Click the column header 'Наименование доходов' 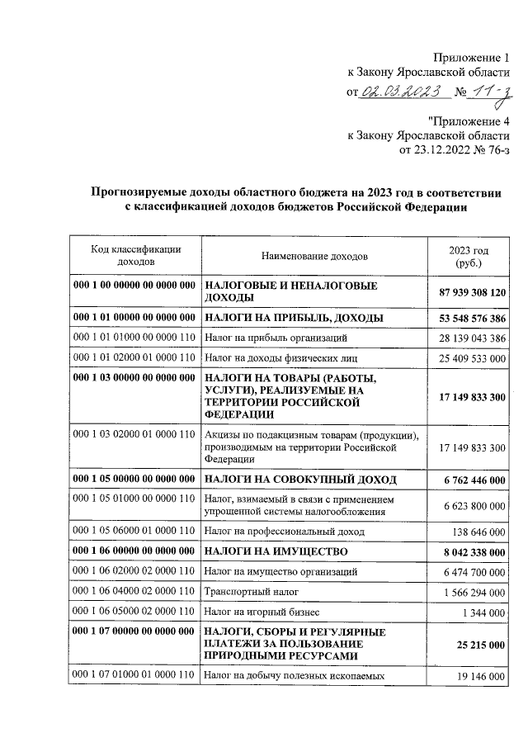pyautogui.click(x=314, y=257)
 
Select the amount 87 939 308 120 pyautogui.click(x=468, y=292)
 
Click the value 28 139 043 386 pyautogui.click(x=468, y=338)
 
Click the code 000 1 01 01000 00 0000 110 pyautogui.click(x=133, y=338)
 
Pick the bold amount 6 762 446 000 pyautogui.click(x=471, y=480)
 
